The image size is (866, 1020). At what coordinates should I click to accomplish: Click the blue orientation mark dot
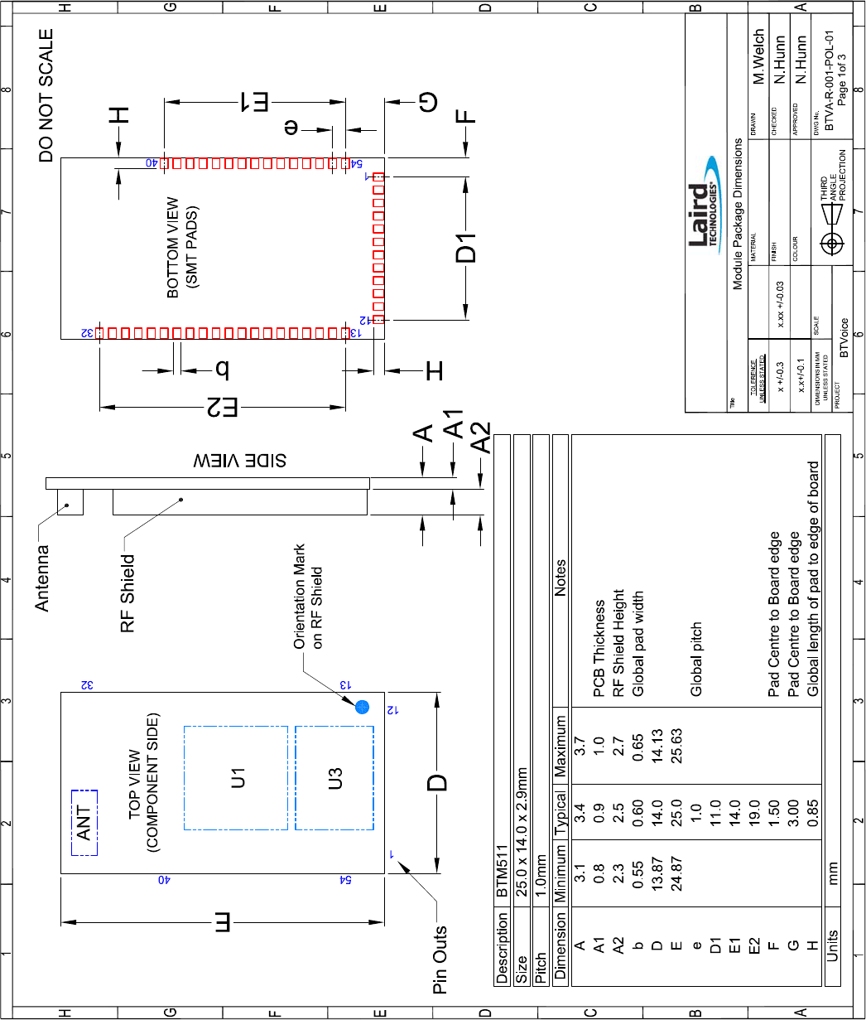(x=362, y=707)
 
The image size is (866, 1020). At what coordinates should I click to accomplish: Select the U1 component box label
(x=238, y=778)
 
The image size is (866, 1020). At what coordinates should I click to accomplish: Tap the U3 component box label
(x=334, y=778)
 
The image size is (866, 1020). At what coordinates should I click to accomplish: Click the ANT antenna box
(x=84, y=823)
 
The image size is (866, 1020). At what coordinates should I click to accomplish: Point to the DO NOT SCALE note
(x=46, y=95)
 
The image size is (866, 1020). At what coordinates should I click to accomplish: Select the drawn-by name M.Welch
(x=758, y=56)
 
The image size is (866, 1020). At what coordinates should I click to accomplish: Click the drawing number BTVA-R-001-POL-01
(x=830, y=80)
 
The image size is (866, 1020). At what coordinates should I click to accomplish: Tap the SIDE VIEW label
(x=239, y=461)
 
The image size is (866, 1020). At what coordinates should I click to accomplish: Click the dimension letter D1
(x=466, y=248)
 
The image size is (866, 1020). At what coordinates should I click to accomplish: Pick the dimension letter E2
(x=223, y=407)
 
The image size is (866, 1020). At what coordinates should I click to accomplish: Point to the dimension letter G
(x=428, y=102)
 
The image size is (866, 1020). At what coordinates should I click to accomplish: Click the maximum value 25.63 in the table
(x=676, y=746)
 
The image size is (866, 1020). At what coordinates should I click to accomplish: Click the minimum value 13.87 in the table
(x=657, y=873)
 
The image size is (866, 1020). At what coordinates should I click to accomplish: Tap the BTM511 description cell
(x=502, y=872)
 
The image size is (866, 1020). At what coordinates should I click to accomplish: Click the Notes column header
(x=560, y=578)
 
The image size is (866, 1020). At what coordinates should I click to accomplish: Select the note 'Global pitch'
(x=695, y=660)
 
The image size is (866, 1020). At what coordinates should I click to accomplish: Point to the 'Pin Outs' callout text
(x=440, y=960)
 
